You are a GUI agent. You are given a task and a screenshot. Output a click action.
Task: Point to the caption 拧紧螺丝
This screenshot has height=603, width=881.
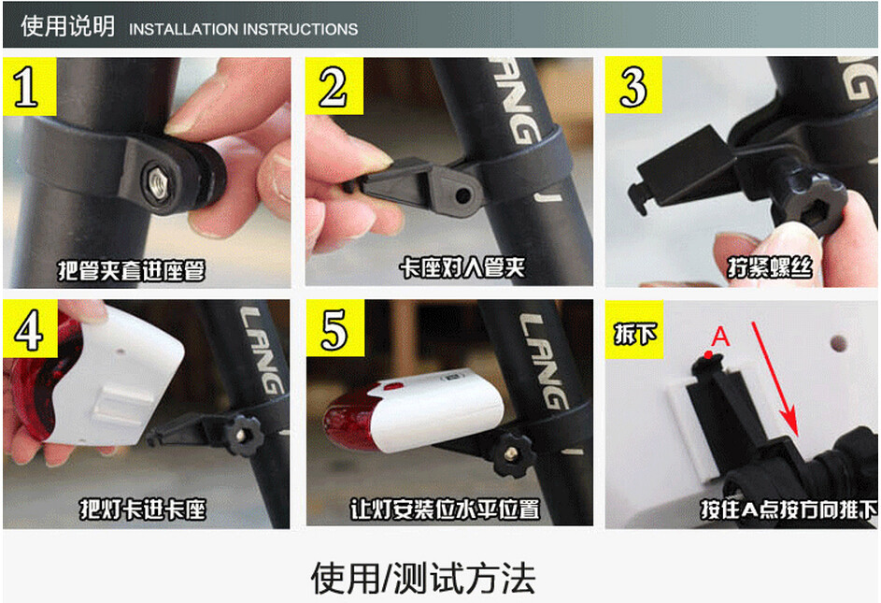770,269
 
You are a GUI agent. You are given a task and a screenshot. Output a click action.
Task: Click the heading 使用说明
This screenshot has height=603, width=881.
67,26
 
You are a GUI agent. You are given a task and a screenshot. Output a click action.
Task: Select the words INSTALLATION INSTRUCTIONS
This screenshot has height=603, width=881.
243,29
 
